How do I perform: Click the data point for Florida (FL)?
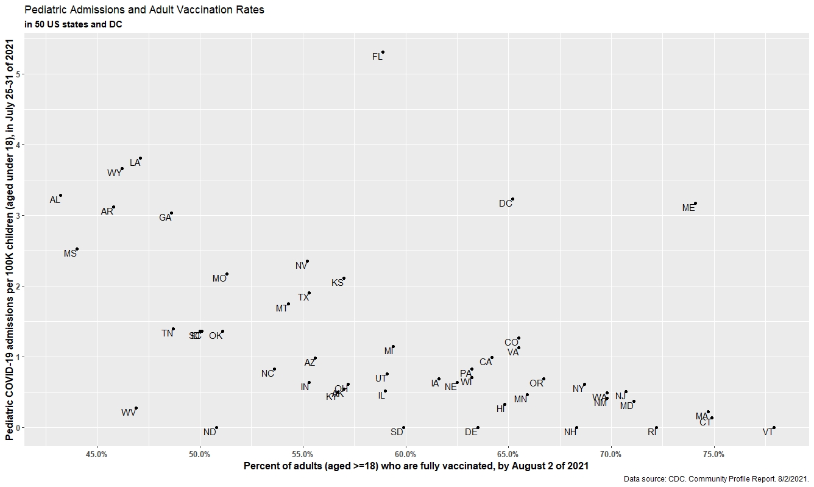(383, 52)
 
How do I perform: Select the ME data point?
(695, 204)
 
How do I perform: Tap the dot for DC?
(513, 199)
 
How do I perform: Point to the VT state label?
(768, 432)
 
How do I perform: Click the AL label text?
(55, 200)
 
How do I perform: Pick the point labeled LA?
(140, 158)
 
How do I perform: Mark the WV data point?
(136, 408)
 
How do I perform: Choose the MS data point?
(77, 249)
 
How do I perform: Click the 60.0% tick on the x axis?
(405, 454)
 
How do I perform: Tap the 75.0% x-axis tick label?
(713, 454)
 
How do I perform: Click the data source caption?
(716, 480)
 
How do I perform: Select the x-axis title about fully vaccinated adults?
(416, 466)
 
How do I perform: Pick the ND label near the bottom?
(210, 432)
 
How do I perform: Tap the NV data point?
(307, 261)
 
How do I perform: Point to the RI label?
(652, 432)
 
